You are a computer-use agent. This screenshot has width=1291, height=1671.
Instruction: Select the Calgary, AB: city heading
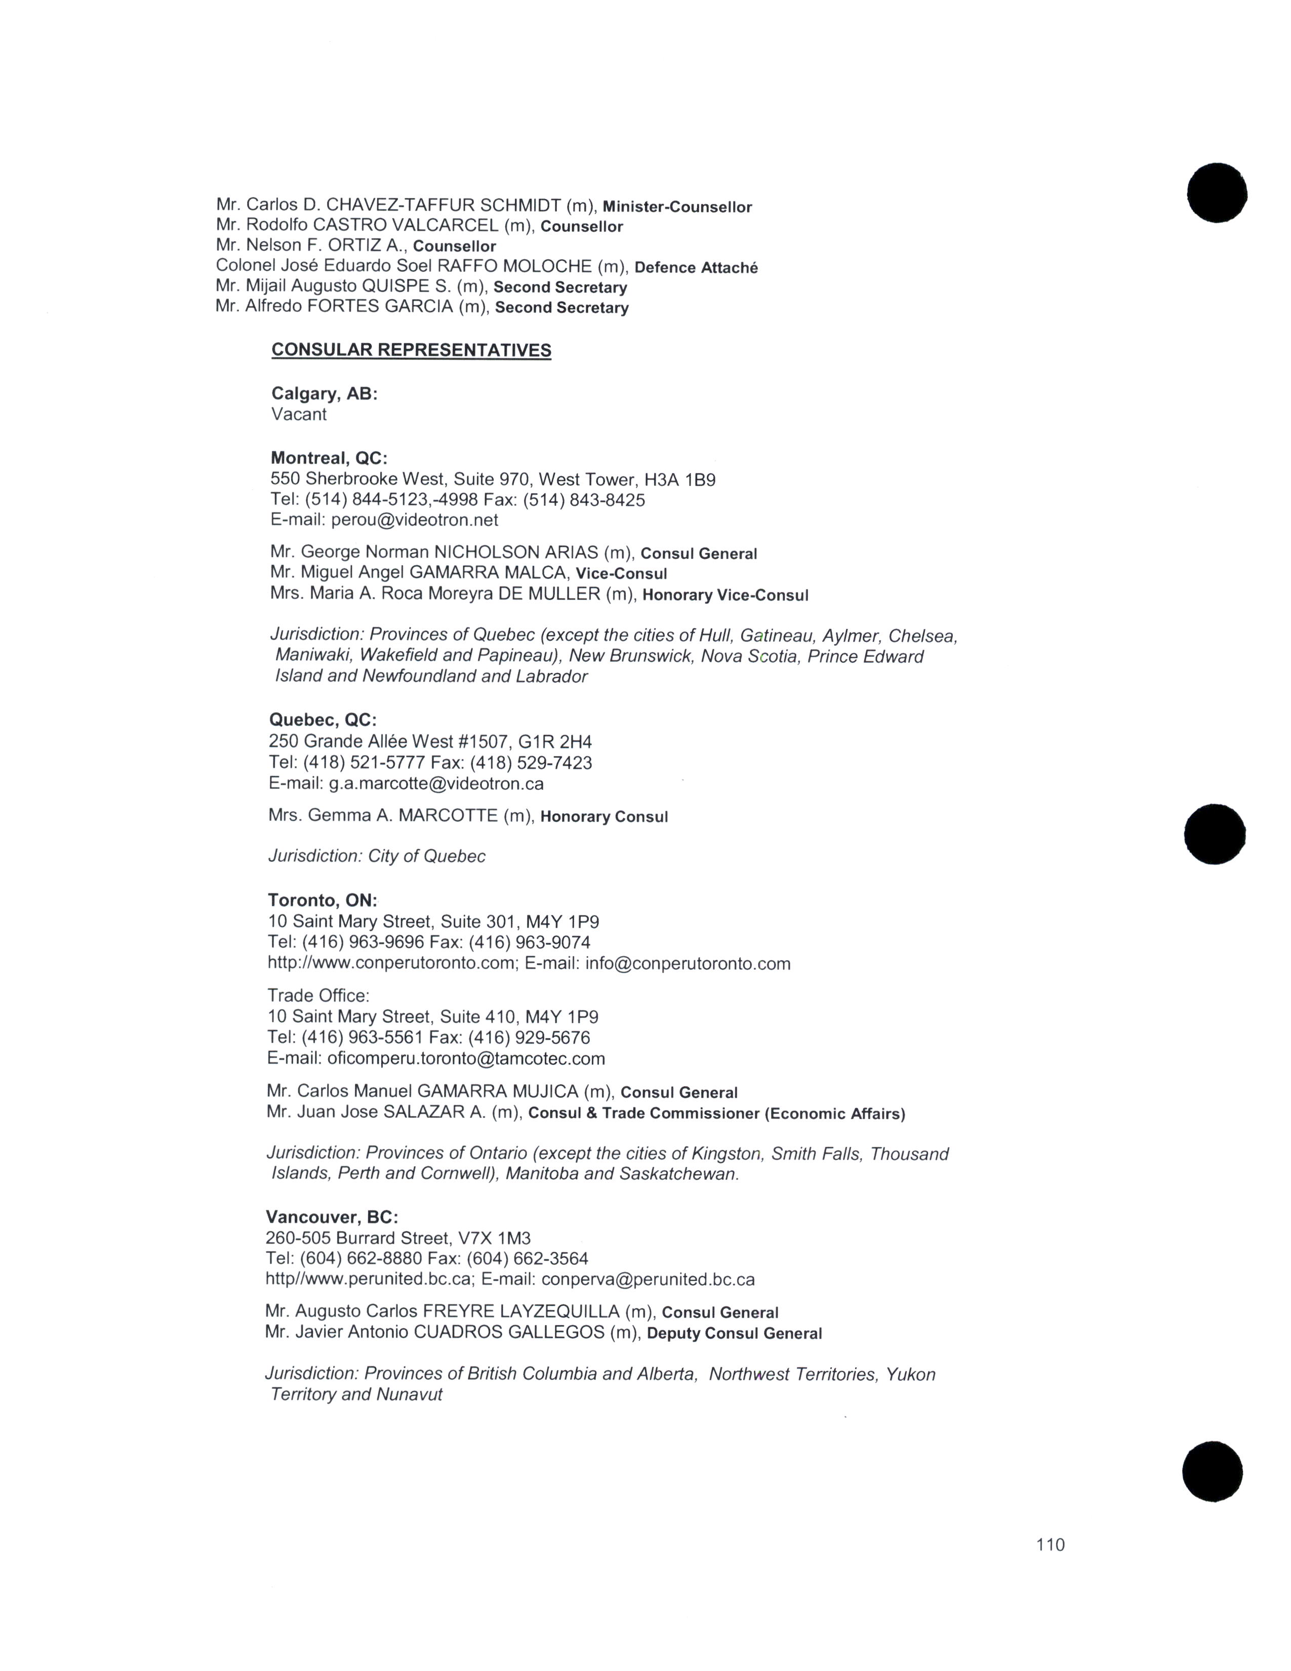[x=325, y=393]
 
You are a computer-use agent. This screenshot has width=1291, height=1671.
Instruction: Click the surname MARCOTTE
[x=448, y=816]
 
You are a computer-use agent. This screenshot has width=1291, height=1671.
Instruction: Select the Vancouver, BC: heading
[x=332, y=1216]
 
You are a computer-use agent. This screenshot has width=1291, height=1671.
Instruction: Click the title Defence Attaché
[x=696, y=268]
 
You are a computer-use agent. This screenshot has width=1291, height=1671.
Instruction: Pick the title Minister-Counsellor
[x=677, y=207]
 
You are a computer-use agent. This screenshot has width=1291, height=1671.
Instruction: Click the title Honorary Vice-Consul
[x=725, y=595]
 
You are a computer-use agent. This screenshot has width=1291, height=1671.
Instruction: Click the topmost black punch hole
[x=1217, y=193]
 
